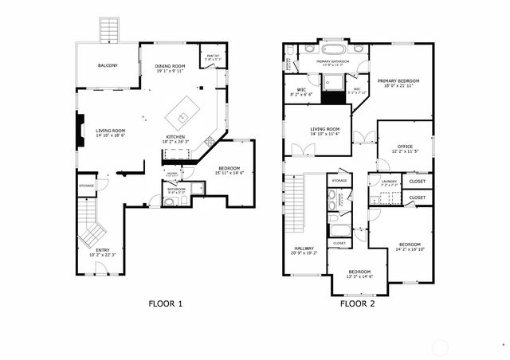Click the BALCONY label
(x=108, y=65)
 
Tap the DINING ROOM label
(x=169, y=65)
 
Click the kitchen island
(x=185, y=113)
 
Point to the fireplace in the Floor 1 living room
(x=80, y=131)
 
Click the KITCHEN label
(x=175, y=137)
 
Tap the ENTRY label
(x=103, y=251)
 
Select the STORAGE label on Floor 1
(x=86, y=186)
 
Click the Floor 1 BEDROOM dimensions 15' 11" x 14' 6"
(x=230, y=174)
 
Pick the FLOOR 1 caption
(x=166, y=303)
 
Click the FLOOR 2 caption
(x=357, y=303)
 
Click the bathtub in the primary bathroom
(x=334, y=47)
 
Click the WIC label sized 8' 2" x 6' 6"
(x=302, y=90)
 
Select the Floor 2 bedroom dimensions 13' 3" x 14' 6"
(x=359, y=276)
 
